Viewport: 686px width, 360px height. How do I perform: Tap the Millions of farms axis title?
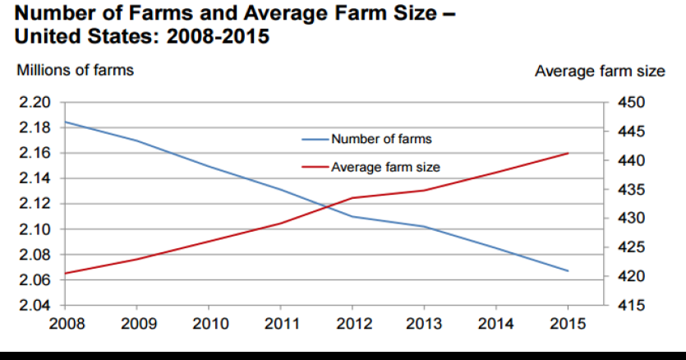pyautogui.click(x=75, y=71)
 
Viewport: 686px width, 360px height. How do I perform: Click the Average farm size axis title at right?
pyautogui.click(x=600, y=72)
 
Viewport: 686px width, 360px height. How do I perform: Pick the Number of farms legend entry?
pyautogui.click(x=381, y=139)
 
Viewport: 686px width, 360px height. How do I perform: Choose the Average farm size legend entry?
pyautogui.click(x=385, y=167)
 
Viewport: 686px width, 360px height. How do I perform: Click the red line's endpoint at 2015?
pyautogui.click(x=568, y=153)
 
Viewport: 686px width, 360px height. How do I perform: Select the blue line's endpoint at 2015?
pyautogui.click(x=568, y=270)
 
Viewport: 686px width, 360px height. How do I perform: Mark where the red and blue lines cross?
pyautogui.click(x=328, y=206)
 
